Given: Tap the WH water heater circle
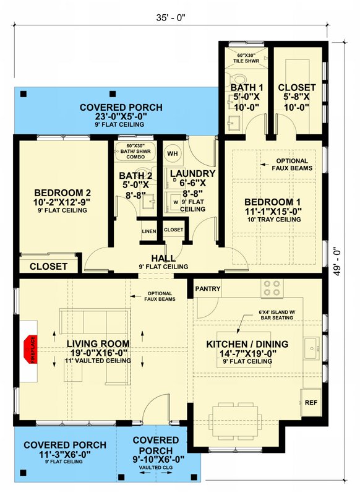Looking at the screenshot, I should [x=173, y=153].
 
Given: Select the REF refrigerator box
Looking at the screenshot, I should [x=311, y=402].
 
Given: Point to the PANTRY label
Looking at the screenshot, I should [x=207, y=288].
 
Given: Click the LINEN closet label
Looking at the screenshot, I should [x=148, y=231].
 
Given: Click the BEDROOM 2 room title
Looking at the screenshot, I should [x=62, y=192].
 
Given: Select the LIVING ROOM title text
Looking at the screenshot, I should [x=98, y=344].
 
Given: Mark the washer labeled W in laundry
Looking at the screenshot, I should [x=175, y=200].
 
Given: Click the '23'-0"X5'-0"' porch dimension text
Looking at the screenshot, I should [x=121, y=117].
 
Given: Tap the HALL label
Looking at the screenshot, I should [x=165, y=258].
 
